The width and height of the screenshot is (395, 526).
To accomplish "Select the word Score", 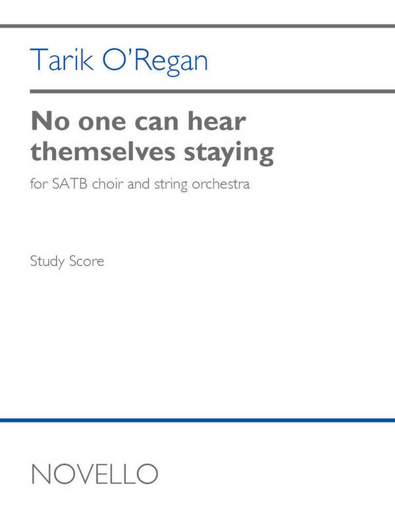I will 88,261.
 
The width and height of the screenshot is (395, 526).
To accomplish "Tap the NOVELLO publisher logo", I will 94,473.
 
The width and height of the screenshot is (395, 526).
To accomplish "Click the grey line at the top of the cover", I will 197,26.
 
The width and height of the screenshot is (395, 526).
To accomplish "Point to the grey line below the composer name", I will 197,91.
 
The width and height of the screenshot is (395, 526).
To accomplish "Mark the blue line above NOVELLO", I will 197,420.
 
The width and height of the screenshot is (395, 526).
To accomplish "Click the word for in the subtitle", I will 38,184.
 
